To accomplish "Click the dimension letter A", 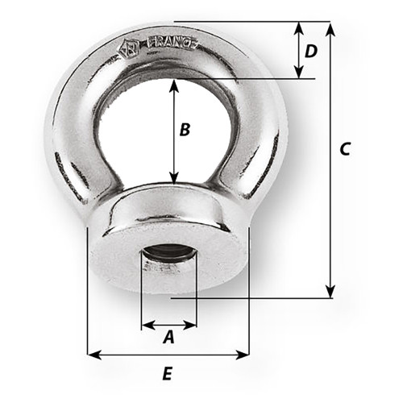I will [168, 339].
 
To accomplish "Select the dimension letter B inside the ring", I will [185, 129].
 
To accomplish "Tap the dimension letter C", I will [345, 149].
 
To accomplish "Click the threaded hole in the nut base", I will [168, 263].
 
